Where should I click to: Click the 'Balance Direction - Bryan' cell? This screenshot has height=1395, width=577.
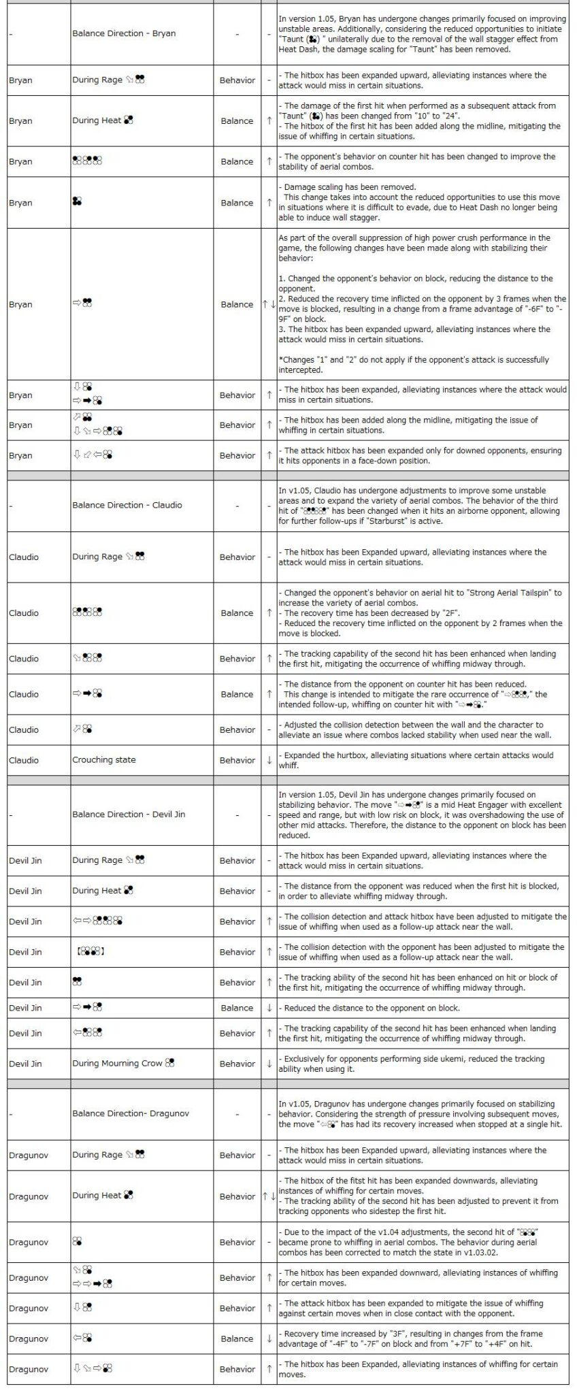point(124,33)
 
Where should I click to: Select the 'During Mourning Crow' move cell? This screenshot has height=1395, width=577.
point(123,1063)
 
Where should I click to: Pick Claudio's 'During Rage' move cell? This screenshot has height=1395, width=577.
point(108,557)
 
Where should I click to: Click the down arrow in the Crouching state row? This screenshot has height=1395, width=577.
point(269,760)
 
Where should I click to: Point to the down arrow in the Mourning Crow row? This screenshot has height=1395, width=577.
point(269,1064)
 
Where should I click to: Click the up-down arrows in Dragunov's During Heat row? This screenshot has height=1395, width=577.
point(269,1196)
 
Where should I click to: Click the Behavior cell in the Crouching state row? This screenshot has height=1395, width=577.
point(237,760)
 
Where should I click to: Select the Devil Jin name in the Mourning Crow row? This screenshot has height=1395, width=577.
point(26,1064)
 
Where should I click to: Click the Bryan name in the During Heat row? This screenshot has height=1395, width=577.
point(21,121)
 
